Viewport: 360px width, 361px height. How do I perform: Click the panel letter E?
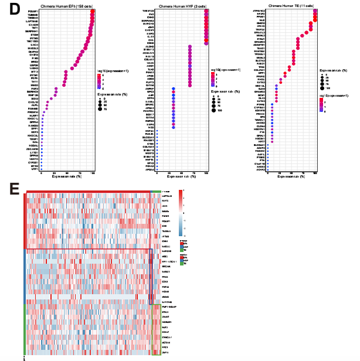pos(14,189)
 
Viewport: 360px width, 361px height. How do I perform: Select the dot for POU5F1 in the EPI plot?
pos(93,11)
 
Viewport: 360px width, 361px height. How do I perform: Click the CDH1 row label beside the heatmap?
pos(165,206)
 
